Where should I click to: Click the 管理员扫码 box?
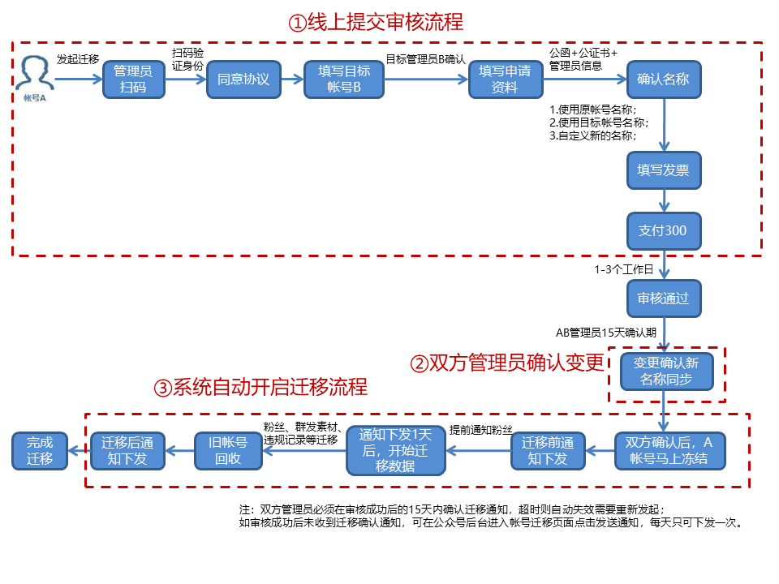133,79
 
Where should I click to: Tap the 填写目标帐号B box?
344,79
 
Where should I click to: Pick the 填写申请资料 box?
505,79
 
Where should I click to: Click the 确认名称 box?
663,79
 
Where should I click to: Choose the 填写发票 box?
663,170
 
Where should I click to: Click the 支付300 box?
663,231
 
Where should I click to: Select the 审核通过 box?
663,298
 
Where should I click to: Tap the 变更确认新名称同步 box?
665,371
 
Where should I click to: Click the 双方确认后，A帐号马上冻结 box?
669,451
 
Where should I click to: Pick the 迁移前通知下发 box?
548,451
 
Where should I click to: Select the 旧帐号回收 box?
229,451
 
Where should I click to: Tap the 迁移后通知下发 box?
127,451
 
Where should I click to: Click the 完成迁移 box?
40,450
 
